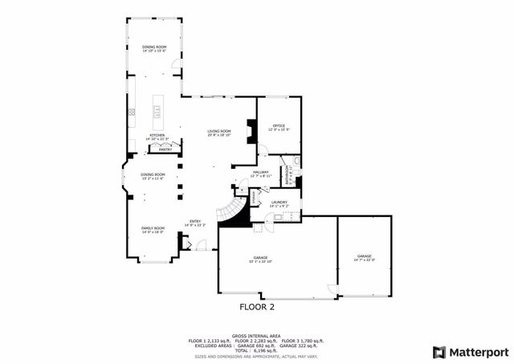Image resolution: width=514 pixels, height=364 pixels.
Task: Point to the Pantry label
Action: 165,149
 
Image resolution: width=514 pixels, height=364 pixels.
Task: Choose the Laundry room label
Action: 279,203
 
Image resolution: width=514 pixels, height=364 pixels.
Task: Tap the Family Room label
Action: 153,230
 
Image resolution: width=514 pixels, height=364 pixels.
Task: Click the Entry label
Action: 195,223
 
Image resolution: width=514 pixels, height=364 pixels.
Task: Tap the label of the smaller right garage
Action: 365,258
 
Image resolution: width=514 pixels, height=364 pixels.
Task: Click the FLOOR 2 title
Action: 257,307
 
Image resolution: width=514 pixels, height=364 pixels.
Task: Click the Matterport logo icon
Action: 438,351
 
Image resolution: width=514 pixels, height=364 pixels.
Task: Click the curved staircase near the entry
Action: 231,215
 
